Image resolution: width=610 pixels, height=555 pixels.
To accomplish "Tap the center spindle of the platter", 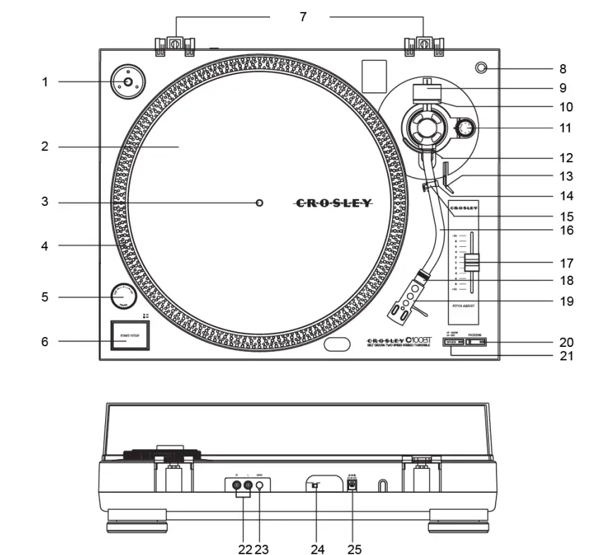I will click(x=260, y=202).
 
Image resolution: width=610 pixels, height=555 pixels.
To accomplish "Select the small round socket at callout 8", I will click(x=482, y=68).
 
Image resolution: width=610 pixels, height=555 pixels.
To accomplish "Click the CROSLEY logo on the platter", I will click(x=333, y=203).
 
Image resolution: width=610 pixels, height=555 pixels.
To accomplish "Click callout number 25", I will click(x=354, y=549).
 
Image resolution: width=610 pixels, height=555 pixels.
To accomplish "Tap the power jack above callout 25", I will click(x=352, y=485).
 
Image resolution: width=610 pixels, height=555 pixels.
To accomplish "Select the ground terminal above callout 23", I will click(x=260, y=485).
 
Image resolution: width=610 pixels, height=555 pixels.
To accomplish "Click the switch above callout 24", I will click(x=316, y=485).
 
